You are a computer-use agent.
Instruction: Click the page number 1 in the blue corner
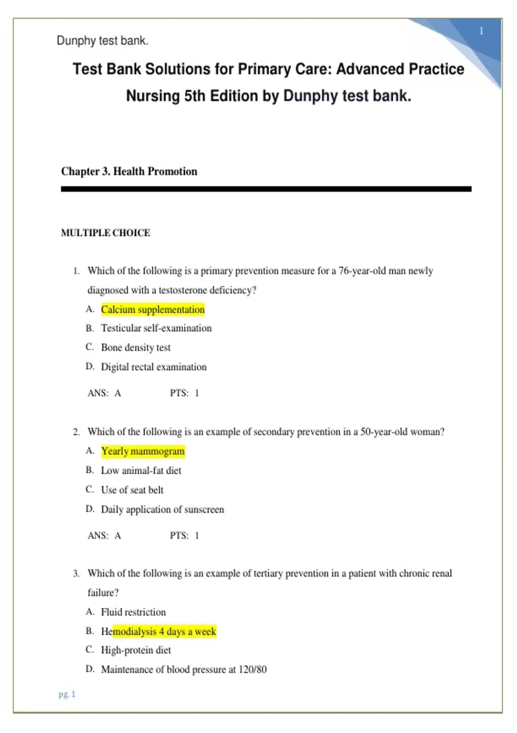point(481,31)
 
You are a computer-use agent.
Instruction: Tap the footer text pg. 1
point(67,694)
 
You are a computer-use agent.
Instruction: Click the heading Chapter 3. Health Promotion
point(129,171)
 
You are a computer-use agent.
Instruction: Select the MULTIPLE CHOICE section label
point(106,233)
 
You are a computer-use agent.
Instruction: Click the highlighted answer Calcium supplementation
point(153,309)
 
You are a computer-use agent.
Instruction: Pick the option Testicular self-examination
point(156,328)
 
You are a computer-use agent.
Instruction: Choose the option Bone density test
point(136,347)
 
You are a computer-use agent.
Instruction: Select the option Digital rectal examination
point(153,367)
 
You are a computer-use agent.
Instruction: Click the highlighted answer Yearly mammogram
point(143,451)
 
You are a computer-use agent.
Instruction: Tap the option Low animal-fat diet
point(141,470)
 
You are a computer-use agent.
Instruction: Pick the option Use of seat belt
point(132,490)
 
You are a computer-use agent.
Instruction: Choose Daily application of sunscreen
point(162,509)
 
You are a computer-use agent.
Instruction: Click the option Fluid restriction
point(133,612)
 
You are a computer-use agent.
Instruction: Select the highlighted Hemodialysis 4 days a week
point(158,631)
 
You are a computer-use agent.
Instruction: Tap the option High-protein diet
point(136,650)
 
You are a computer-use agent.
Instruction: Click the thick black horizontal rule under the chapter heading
point(266,189)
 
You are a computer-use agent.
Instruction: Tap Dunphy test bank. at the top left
point(103,41)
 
